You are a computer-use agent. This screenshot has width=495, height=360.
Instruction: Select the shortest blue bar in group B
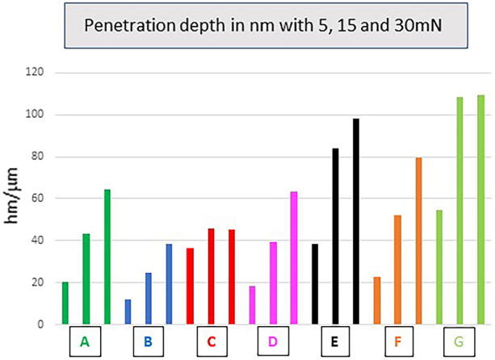(x=128, y=312)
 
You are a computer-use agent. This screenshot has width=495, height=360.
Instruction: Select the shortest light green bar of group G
(x=438, y=267)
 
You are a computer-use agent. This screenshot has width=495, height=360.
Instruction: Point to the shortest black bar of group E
(x=315, y=283)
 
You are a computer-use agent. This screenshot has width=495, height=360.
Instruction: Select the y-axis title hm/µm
(x=16, y=199)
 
